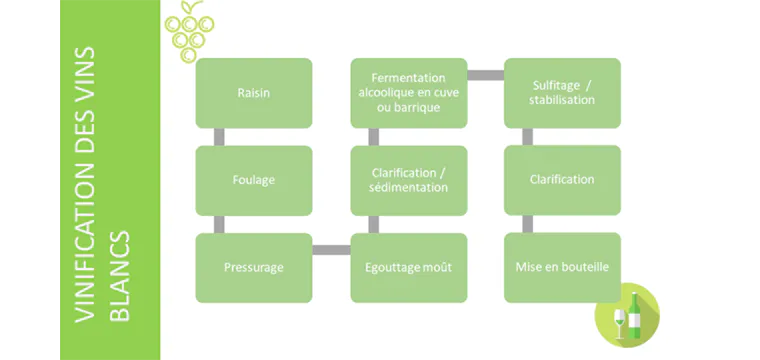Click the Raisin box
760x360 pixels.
pos(253,93)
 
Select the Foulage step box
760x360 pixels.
pos(253,180)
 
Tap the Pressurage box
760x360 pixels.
pos(253,267)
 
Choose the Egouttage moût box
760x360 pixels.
pos(408,267)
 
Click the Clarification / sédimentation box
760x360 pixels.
pos(408,180)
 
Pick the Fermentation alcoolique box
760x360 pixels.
pos(408,93)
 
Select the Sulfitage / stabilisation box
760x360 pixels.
pos(562,93)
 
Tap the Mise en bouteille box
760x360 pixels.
pos(562,267)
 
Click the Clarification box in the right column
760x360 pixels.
pos(562,180)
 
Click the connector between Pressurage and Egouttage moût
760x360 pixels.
pos(331,249)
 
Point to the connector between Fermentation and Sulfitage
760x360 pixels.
pos(485,75)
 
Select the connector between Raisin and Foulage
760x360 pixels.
pos(218,137)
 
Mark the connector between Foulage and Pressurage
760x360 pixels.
pos(218,224)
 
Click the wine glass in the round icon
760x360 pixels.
pos(618,323)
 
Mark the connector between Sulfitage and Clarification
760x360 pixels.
pos(527,137)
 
